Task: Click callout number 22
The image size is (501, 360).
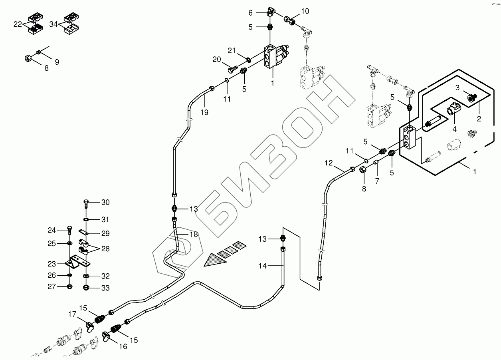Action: (18, 24)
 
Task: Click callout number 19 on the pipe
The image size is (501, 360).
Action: (204, 113)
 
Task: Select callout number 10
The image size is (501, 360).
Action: (305, 11)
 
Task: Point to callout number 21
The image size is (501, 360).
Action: (232, 50)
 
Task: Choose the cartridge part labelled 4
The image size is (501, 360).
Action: (454, 108)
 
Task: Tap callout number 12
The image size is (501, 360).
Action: (329, 163)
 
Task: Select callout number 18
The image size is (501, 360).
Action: (194, 235)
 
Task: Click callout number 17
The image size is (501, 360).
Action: (72, 315)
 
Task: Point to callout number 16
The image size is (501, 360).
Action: (123, 346)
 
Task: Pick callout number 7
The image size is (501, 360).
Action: (377, 181)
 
